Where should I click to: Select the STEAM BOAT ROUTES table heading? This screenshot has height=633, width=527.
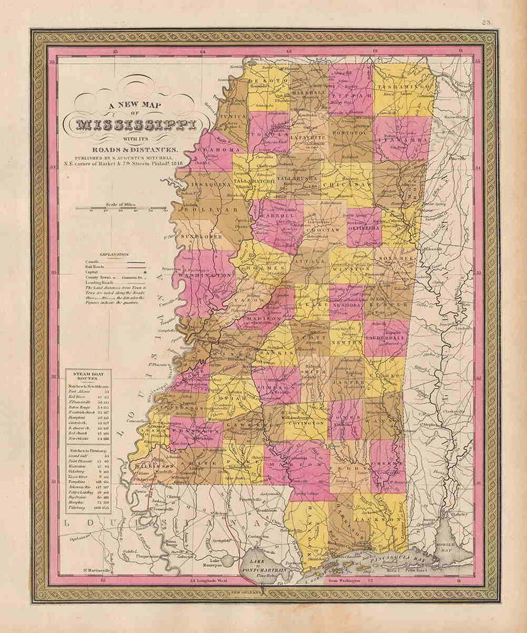pyautogui.click(x=91, y=379)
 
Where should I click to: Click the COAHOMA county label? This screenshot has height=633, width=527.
pyautogui.click(x=218, y=150)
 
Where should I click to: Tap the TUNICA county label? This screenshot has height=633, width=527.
pyautogui.click(x=234, y=115)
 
